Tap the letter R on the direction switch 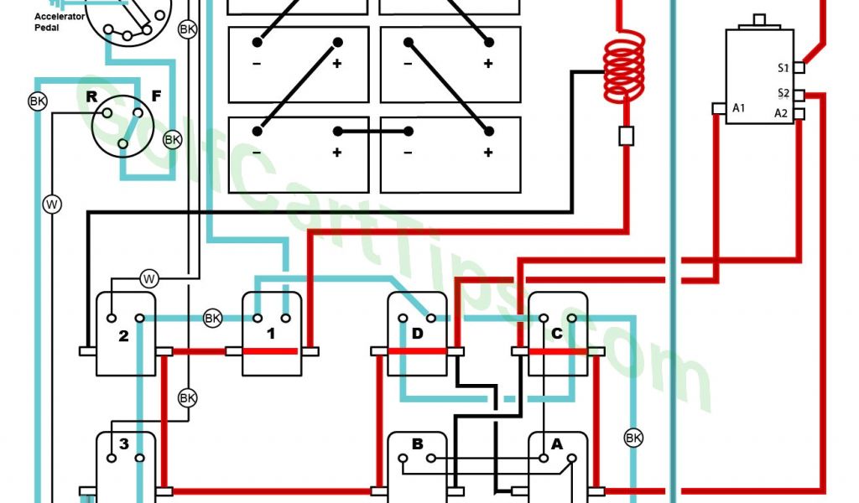coord(92,96)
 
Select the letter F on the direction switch coord(156,96)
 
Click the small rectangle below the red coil coord(625,135)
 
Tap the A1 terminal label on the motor coord(738,107)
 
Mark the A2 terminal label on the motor coord(781,113)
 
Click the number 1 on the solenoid coord(271,335)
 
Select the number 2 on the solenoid coord(123,336)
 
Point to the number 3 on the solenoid coord(123,444)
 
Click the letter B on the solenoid coord(417,444)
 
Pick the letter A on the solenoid coord(556,444)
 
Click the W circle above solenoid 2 coord(148,277)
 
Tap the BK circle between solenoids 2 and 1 coord(212,319)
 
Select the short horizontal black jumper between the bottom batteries coord(373,131)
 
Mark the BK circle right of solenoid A coord(633,437)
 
